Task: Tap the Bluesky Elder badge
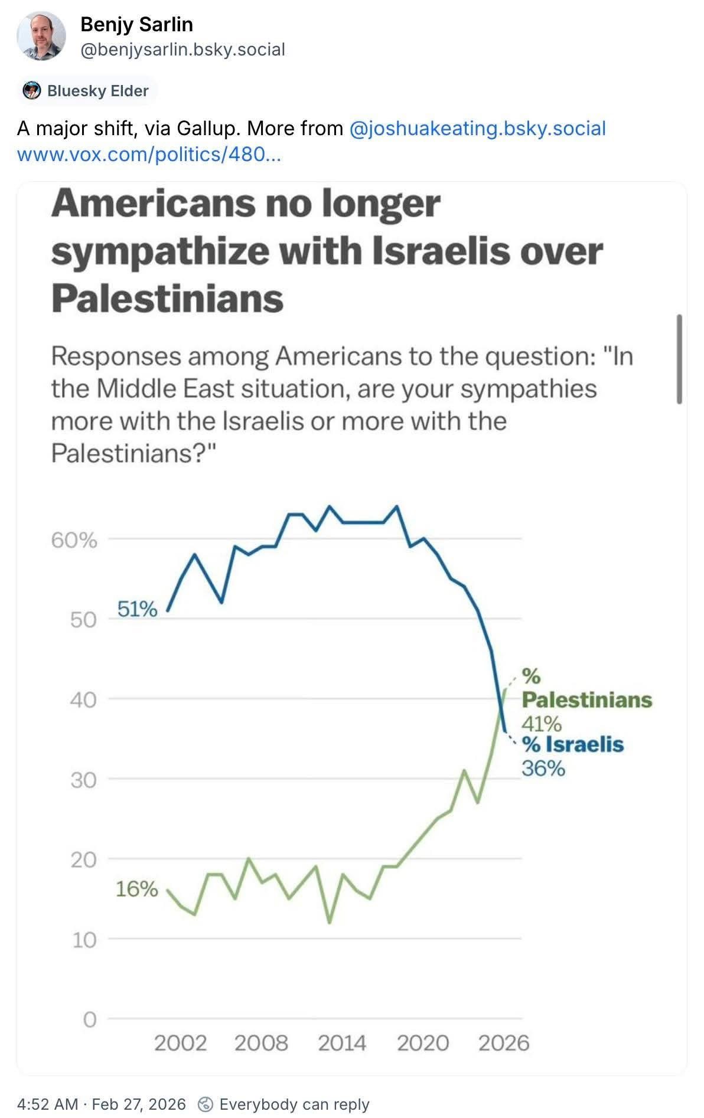point(90,91)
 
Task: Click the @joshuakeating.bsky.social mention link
point(478,129)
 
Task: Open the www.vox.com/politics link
point(149,155)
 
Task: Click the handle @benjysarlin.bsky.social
point(182,49)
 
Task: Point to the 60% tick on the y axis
point(74,540)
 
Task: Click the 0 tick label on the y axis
point(89,1019)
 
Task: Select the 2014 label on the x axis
point(342,1043)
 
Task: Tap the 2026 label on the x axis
point(503,1043)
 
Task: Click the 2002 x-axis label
point(180,1043)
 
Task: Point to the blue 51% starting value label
point(137,609)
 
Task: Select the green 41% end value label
point(541,723)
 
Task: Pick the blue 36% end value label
point(543,769)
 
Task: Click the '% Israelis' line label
point(572,744)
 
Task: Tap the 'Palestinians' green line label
point(587,700)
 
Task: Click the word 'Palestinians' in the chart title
point(168,299)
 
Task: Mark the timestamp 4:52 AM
point(48,1104)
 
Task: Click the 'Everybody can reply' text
point(294,1104)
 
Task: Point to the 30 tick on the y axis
point(83,780)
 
